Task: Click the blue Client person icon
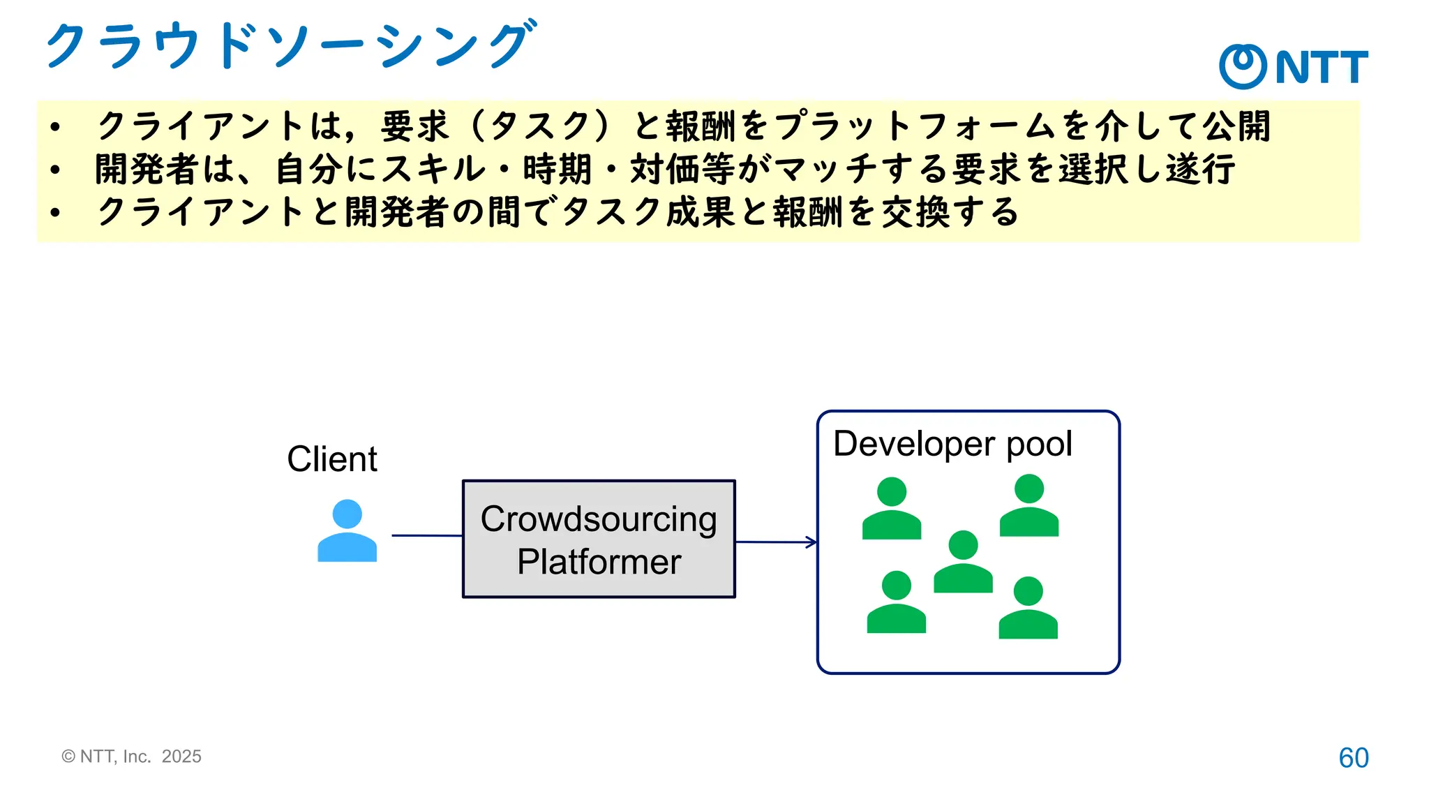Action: click(347, 531)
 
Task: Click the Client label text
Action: click(332, 459)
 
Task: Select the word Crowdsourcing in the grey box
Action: click(599, 519)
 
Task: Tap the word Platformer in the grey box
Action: click(599, 562)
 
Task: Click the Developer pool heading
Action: click(952, 444)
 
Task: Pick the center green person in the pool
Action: click(963, 563)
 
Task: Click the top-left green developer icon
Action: click(892, 509)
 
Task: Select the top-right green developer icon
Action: click(1029, 506)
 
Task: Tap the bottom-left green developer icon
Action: click(897, 603)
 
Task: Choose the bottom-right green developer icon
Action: click(1028, 609)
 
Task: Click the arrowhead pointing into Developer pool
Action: click(811, 542)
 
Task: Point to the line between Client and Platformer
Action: click(426, 535)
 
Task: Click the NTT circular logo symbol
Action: click(1243, 66)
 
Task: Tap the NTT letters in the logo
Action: click(1322, 67)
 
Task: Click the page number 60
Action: click(1353, 758)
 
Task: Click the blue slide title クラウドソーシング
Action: click(290, 45)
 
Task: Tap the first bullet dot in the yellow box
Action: click(55, 127)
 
